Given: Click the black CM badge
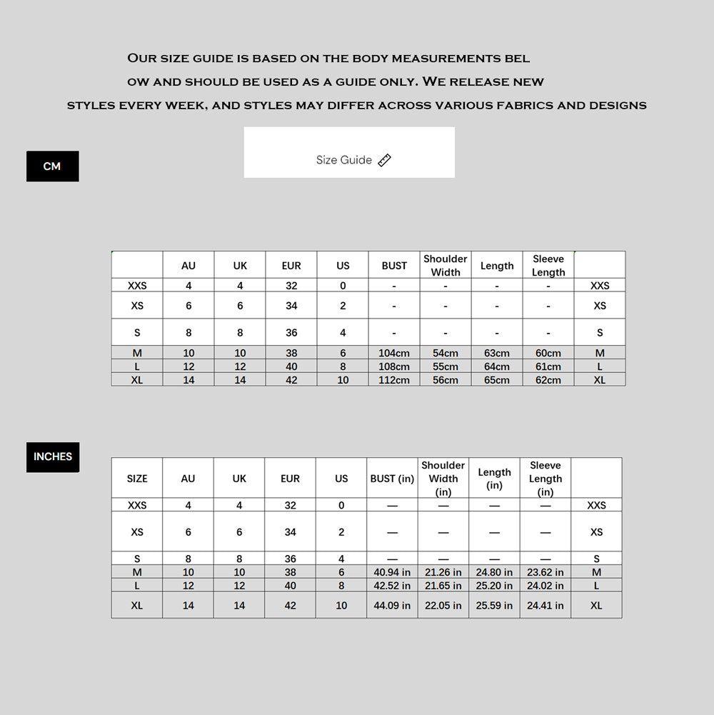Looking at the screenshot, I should click(x=52, y=166).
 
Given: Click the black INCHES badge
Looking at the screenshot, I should click(x=53, y=456).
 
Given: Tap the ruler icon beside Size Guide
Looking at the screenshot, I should click(x=384, y=160).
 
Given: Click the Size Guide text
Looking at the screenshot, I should click(x=344, y=160).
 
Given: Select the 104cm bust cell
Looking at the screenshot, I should click(x=394, y=353).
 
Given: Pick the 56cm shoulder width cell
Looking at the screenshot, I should click(x=446, y=380).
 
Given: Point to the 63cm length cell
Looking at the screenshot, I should click(x=497, y=353).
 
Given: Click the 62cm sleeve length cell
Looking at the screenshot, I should click(x=548, y=380).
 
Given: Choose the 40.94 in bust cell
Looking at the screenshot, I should click(x=392, y=572).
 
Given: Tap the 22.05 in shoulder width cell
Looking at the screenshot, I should click(x=443, y=605).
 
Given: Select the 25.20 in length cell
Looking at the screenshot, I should click(x=494, y=586).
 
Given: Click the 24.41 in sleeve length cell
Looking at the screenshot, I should click(x=545, y=605).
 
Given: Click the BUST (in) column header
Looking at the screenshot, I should click(x=392, y=479).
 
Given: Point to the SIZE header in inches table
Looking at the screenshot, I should click(x=137, y=479).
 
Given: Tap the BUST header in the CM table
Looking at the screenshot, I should click(x=394, y=266).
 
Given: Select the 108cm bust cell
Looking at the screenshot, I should click(x=394, y=366).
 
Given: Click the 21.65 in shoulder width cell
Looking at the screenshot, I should click(x=443, y=586).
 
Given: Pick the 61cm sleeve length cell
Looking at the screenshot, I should click(x=548, y=366).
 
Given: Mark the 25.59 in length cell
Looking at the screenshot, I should click(x=494, y=605).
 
